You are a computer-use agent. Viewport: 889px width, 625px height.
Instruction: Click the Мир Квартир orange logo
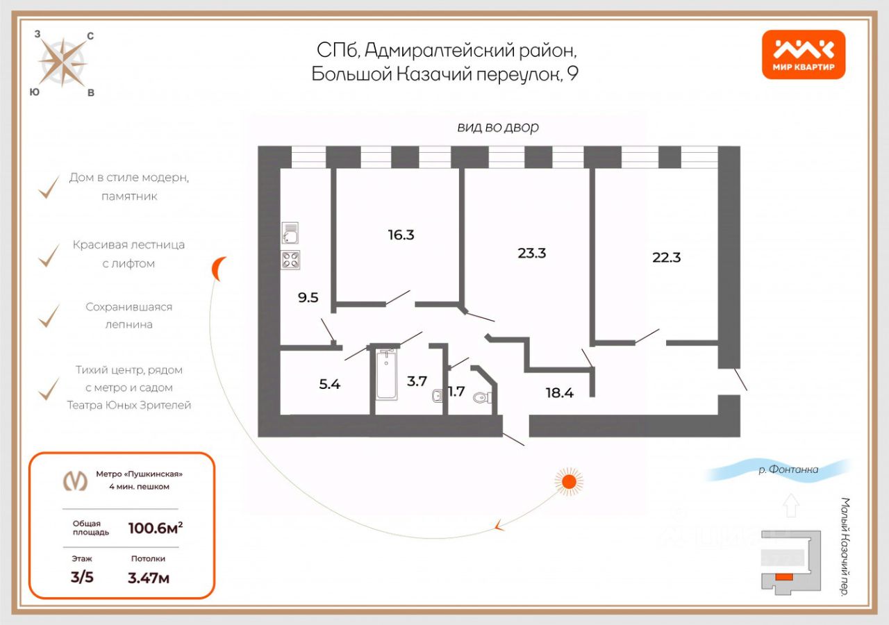pyautogui.click(x=803, y=55)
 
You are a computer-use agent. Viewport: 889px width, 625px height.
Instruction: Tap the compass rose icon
pyautogui.click(x=63, y=62)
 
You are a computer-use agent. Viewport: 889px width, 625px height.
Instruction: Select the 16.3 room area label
pyautogui.click(x=401, y=235)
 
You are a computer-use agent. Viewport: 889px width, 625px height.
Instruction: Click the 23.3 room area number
pyautogui.click(x=531, y=253)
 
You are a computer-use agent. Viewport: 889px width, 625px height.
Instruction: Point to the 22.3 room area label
pyautogui.click(x=666, y=257)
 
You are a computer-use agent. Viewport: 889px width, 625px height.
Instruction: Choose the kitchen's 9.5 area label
pyautogui.click(x=308, y=299)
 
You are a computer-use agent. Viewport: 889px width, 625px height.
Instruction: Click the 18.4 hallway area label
pyautogui.click(x=559, y=392)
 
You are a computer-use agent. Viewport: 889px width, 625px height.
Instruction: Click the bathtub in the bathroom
pyautogui.click(x=386, y=374)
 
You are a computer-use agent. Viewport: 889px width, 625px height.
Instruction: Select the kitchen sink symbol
pyautogui.click(x=290, y=234)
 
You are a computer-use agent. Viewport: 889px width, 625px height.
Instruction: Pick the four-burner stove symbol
pyautogui.click(x=290, y=260)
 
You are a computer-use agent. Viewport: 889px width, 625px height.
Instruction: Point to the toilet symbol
pyautogui.click(x=481, y=398)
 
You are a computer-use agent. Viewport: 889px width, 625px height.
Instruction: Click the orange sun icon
pyautogui.click(x=569, y=481)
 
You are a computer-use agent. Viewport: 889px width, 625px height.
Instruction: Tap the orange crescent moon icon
pyautogui.click(x=219, y=268)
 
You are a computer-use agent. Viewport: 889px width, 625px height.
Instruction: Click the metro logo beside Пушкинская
pyautogui.click(x=76, y=480)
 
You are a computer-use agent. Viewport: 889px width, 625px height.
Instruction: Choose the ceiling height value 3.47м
pyautogui.click(x=149, y=577)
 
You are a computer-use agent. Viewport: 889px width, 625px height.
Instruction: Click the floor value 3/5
pyautogui.click(x=82, y=577)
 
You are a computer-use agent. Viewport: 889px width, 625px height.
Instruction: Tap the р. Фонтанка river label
pyautogui.click(x=788, y=470)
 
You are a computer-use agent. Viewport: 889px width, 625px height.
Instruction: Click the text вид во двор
pyautogui.click(x=498, y=127)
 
